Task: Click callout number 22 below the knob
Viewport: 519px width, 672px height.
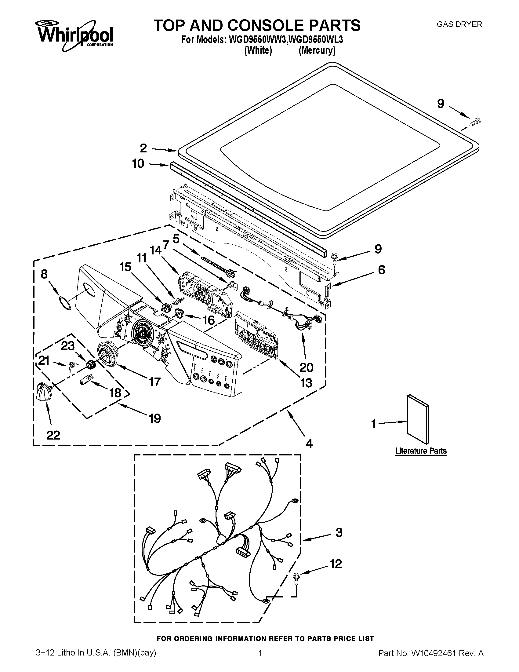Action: pos(53,435)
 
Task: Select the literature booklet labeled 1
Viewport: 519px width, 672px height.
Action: pos(418,419)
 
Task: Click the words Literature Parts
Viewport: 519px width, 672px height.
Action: pos(421,451)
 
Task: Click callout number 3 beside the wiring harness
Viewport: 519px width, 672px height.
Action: pos(339,533)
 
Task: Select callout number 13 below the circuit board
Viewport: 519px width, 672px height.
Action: pos(307,383)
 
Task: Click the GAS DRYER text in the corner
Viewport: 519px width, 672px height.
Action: pos(459,24)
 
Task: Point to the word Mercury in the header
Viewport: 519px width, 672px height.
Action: pos(317,50)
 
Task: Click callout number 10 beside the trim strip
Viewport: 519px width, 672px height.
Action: pos(138,164)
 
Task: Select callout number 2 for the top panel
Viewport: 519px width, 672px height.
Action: pos(143,148)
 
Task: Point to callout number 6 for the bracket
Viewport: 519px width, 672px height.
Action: pos(381,270)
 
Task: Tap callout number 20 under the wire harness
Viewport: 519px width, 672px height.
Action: pos(306,367)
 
